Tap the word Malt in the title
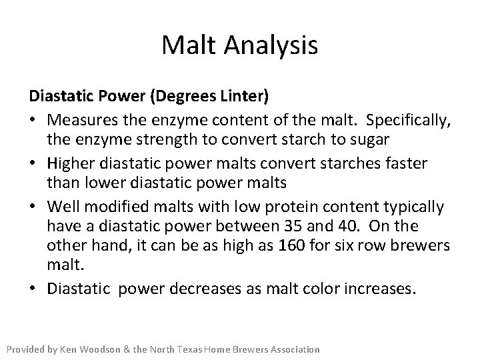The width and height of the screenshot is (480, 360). pos(189,45)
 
